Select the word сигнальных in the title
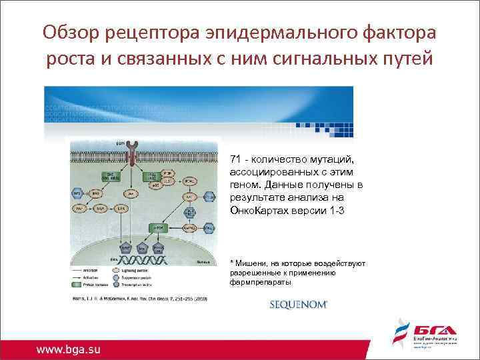point(310,59)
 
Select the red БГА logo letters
point(436,331)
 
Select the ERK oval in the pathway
point(121,209)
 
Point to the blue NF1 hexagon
point(75,193)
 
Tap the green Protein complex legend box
point(75,285)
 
